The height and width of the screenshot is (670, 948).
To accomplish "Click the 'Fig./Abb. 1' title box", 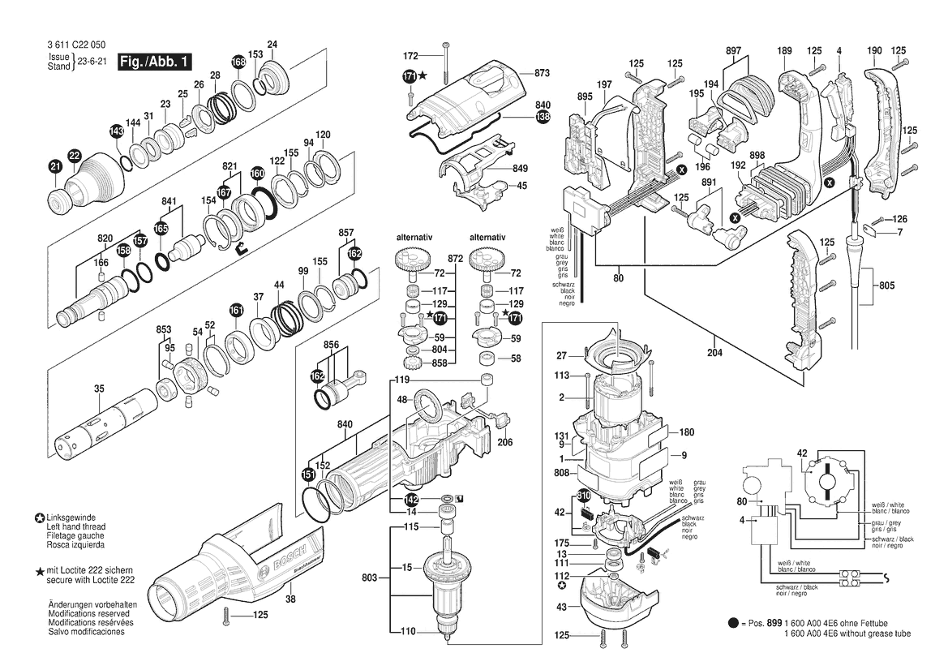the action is [154, 62].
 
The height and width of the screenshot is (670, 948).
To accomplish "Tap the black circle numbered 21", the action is [56, 167].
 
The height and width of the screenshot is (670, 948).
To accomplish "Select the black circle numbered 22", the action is [74, 157].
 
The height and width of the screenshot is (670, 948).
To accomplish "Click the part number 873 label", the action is [542, 72].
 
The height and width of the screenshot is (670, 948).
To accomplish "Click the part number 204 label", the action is [714, 352].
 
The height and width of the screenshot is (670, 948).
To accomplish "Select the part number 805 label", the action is [887, 286].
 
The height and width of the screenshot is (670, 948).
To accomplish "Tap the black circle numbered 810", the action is [583, 496].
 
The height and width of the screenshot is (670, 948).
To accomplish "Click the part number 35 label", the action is [99, 389].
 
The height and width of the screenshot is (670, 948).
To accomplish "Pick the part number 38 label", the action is [290, 599].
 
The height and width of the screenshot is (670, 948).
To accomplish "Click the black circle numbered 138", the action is [543, 117].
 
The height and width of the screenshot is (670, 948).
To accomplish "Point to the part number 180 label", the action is [687, 432].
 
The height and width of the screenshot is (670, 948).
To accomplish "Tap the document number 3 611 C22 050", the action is [75, 45].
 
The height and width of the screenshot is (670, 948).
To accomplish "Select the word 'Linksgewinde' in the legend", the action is [71, 518].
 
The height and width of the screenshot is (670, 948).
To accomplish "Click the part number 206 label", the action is [505, 442].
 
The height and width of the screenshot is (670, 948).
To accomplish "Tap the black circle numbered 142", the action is [411, 500].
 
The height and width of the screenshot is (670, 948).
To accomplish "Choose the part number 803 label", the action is [370, 578].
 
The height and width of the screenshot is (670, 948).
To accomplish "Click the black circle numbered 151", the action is [308, 475].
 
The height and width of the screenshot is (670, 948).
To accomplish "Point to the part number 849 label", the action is [520, 168].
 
